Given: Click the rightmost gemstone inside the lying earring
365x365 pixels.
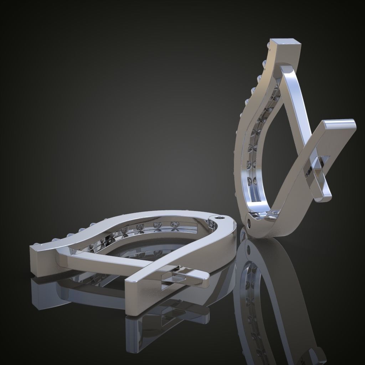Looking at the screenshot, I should (175, 224).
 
